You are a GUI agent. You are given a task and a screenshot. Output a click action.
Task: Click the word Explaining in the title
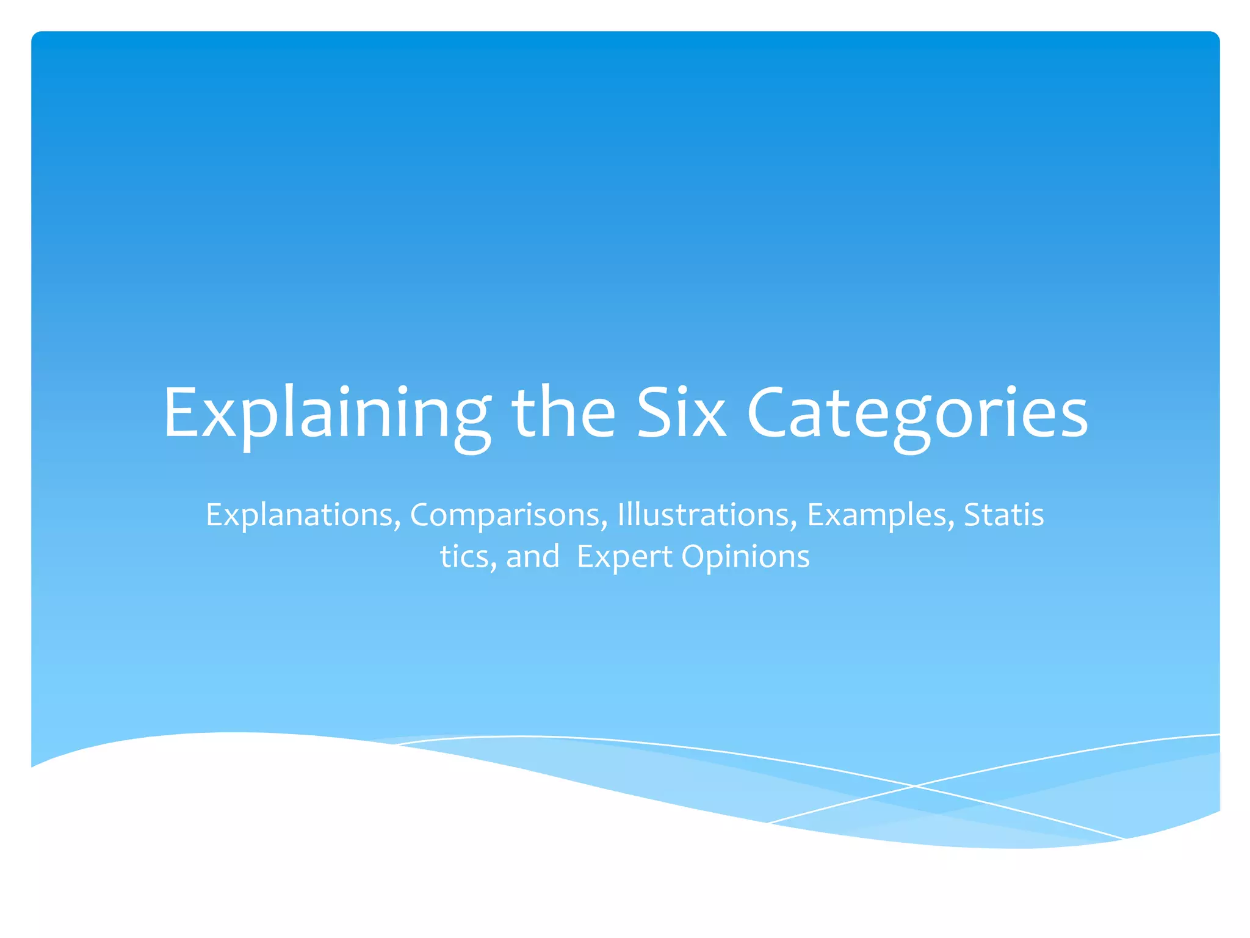click(327, 413)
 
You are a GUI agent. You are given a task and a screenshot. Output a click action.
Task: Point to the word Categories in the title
click(917, 413)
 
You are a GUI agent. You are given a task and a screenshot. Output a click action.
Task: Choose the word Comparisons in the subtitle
click(508, 515)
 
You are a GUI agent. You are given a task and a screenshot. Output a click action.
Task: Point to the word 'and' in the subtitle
click(532, 556)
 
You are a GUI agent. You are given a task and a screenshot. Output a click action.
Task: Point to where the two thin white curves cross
click(914, 786)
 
